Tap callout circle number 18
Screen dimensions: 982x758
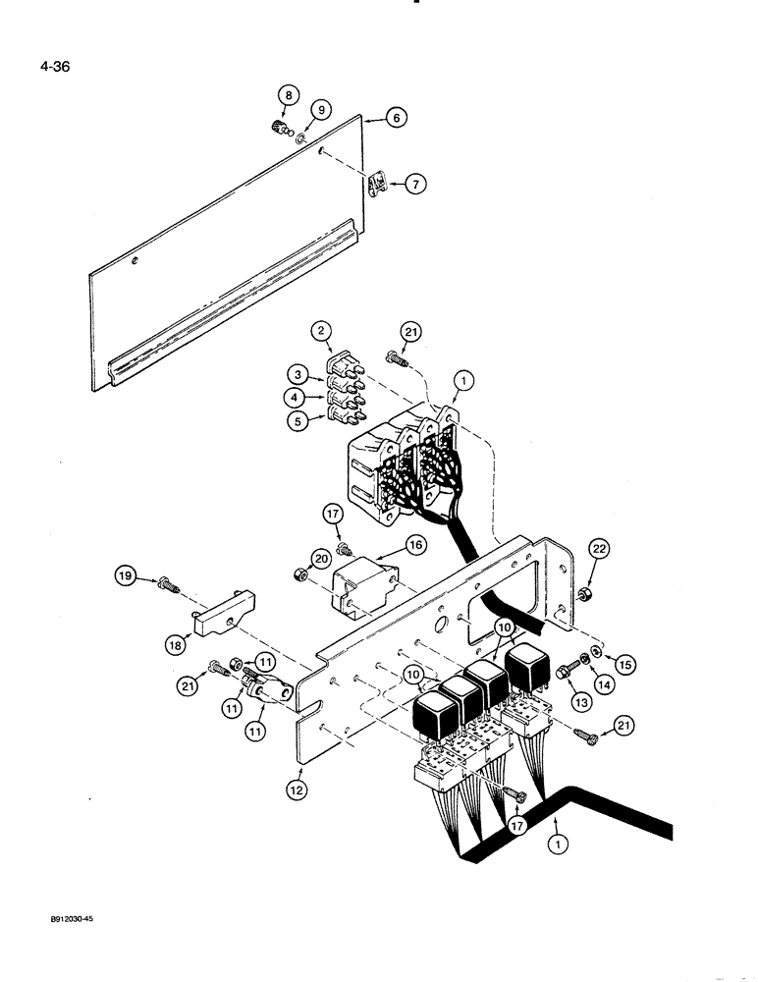tap(174, 643)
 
